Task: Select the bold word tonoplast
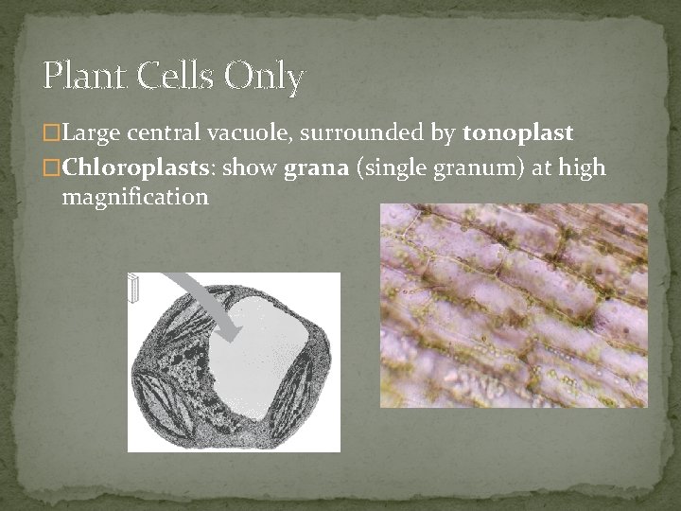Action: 517,135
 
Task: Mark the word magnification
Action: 134,198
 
